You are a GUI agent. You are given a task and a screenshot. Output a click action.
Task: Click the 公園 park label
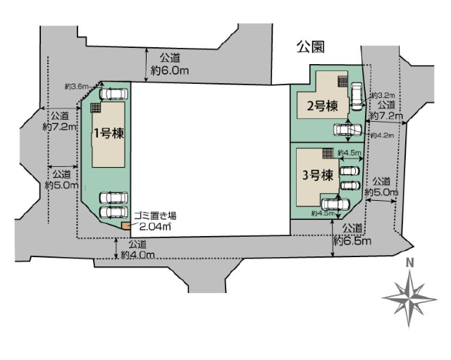coord(311,47)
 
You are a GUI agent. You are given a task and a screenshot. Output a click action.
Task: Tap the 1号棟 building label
coord(109,133)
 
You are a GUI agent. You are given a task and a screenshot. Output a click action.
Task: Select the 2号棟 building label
coord(322,106)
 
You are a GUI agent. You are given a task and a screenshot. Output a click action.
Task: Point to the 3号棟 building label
coord(318,175)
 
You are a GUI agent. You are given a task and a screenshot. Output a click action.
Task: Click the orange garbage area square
coord(125,226)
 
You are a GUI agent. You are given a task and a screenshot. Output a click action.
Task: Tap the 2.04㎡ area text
coord(155,227)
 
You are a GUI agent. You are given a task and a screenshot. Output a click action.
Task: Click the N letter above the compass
coord(410,263)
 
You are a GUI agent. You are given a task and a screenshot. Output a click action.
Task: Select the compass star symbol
coord(409,299)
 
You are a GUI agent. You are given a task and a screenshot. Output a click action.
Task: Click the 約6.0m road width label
coord(170,70)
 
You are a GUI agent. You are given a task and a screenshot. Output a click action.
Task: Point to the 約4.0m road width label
coord(138,255)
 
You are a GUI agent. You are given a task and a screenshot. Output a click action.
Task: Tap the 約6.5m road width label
coord(352,241)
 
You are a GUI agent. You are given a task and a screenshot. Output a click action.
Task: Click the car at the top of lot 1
coord(113,94)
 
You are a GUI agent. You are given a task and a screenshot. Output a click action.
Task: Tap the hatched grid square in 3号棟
coord(327,153)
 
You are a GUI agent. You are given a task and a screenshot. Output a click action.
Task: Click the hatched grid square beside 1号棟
coord(96,108)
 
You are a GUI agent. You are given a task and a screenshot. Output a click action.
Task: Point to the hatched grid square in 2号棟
coord(343,82)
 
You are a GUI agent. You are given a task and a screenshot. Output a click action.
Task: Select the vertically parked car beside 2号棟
coord(357,97)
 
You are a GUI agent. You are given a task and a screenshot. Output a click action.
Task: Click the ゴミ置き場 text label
coord(155,216)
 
